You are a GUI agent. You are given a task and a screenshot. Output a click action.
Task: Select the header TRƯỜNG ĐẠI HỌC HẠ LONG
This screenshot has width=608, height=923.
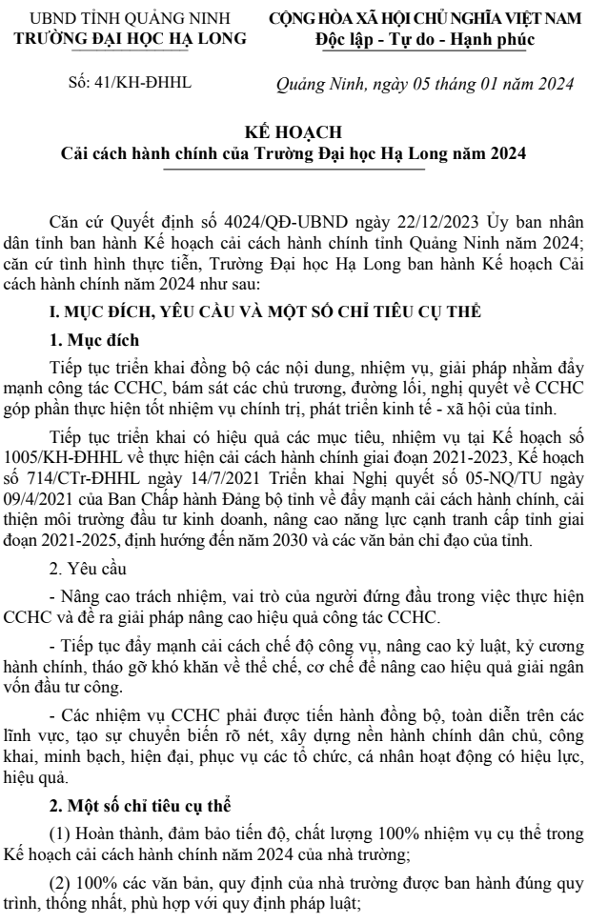pyautogui.click(x=132, y=39)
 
